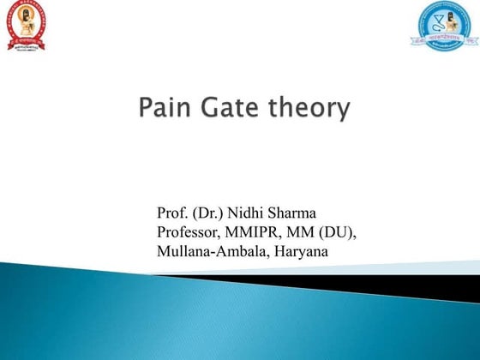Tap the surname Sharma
pos(300,212)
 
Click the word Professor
pos(189,231)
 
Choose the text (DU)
pos(339,231)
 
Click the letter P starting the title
pos(144,110)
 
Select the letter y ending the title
pos(345,112)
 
